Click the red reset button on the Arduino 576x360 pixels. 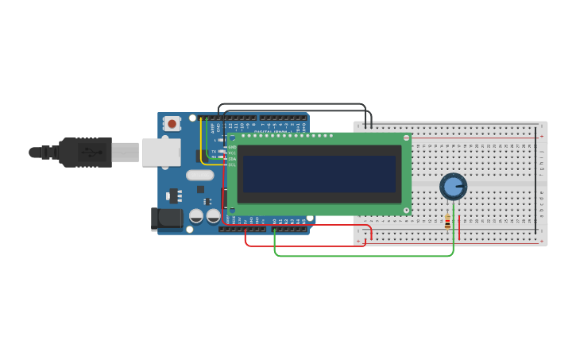(x=172, y=123)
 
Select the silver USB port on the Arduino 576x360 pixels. (x=161, y=152)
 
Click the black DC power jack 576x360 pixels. (x=168, y=219)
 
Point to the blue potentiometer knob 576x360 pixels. (x=453, y=187)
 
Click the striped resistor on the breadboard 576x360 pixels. (x=447, y=223)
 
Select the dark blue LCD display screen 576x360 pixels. (x=319, y=173)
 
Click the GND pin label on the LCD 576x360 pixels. (x=232, y=147)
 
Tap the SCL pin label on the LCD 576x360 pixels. (x=232, y=165)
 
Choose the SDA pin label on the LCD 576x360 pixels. (x=232, y=159)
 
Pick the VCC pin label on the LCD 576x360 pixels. (x=232, y=153)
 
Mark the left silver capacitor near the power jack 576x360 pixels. (x=196, y=215)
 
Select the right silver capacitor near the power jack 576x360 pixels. (x=214, y=215)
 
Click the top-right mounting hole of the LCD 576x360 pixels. (x=406, y=138)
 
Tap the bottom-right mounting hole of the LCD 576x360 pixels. (x=406, y=211)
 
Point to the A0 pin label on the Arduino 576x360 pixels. (x=275, y=221)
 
